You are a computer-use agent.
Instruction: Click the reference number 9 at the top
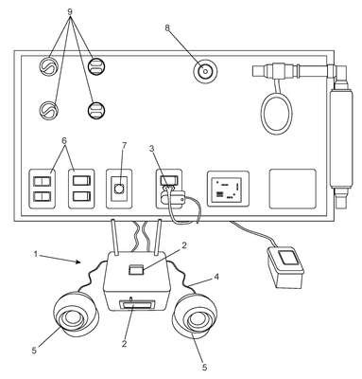[70, 11]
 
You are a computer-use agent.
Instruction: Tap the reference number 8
[167, 27]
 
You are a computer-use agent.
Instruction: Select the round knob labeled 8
[205, 71]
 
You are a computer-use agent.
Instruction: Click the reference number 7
[124, 146]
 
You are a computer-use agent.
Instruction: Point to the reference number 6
[64, 141]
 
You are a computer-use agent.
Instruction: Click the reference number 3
[151, 149]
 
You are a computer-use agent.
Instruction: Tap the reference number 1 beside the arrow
[36, 254]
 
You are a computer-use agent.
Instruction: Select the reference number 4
[216, 277]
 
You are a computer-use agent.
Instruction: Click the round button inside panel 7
[119, 189]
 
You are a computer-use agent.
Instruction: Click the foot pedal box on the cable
[285, 267]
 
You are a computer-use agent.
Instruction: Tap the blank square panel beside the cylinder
[293, 189]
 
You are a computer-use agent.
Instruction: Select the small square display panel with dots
[228, 189]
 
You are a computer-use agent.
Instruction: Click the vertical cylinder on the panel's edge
[338, 139]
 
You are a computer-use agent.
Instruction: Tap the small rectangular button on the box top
[137, 270]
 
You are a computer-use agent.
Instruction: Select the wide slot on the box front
[137, 305]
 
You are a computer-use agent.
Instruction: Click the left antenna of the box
[114, 237]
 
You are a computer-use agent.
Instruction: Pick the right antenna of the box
[157, 237]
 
